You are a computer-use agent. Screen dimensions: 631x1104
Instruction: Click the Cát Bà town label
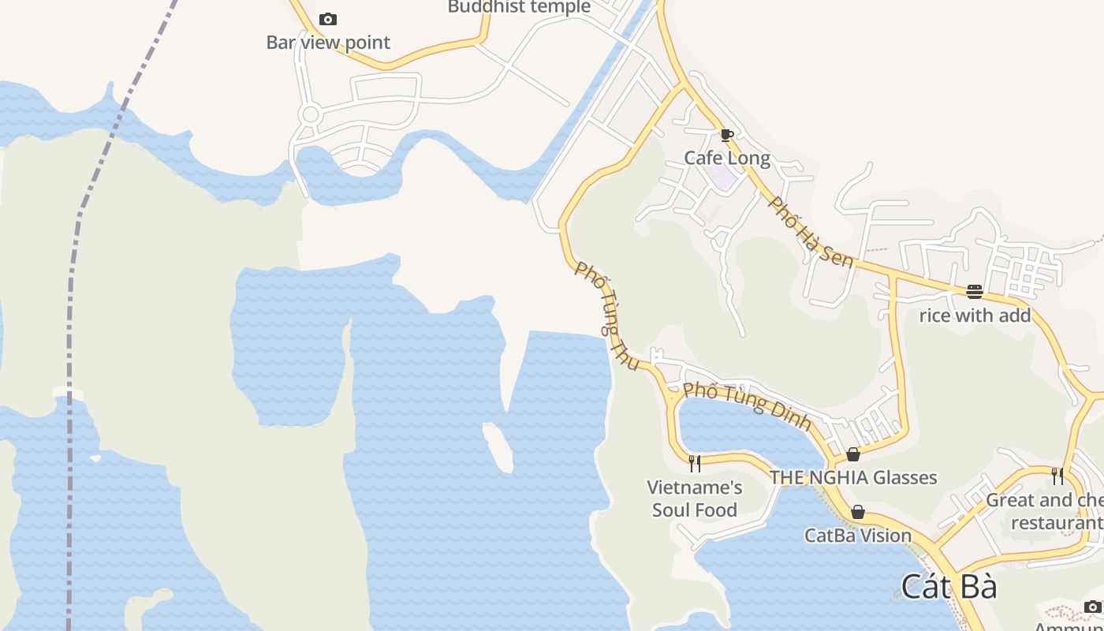(x=949, y=587)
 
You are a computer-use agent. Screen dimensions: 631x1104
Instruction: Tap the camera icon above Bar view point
(x=328, y=19)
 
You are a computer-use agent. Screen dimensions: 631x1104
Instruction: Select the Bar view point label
(x=328, y=43)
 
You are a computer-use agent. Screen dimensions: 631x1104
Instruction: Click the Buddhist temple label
(x=519, y=7)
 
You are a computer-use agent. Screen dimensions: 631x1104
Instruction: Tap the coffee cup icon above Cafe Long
(x=727, y=136)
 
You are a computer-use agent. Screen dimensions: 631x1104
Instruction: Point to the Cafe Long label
(x=727, y=158)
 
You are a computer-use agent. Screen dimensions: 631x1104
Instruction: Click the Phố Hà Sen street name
(x=811, y=232)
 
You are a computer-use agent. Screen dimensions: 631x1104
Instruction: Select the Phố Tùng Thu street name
(x=606, y=315)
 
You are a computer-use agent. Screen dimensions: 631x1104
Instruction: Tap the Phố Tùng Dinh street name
(x=747, y=405)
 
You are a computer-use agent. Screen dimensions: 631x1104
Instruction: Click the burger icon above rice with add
(x=975, y=292)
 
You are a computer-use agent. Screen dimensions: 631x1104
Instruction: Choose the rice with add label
(x=975, y=315)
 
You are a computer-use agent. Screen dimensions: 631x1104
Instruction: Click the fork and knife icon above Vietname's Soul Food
(x=695, y=463)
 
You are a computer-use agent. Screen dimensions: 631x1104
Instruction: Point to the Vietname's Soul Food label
(x=695, y=498)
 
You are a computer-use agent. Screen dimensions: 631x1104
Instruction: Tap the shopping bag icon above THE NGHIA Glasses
(x=853, y=454)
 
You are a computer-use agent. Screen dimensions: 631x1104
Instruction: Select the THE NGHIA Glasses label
(x=853, y=477)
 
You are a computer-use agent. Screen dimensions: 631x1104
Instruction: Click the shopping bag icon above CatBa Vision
(x=858, y=513)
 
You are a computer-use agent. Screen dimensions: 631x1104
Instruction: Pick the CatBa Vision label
(x=858, y=536)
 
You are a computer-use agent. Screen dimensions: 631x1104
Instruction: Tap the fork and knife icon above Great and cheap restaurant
(x=1057, y=476)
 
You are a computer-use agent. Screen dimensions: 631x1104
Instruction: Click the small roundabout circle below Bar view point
(x=311, y=114)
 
